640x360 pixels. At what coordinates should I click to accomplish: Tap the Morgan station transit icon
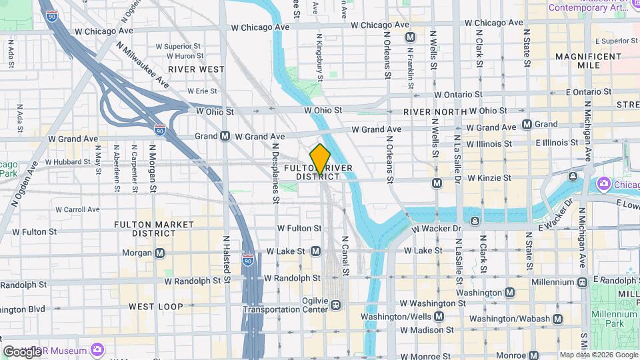pyautogui.click(x=160, y=253)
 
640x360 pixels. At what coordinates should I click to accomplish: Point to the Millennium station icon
pyautogui.click(x=582, y=283)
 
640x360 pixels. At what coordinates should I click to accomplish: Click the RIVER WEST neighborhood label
pyautogui.click(x=196, y=69)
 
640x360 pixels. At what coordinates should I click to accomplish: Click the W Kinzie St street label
pyautogui.click(x=489, y=178)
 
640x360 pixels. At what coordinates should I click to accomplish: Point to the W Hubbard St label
pyautogui.click(x=69, y=162)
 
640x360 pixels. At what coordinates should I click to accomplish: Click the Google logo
pyautogui.click(x=21, y=351)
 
